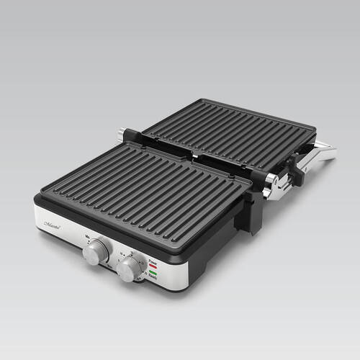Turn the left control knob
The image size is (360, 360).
96,251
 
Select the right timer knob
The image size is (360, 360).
130,269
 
